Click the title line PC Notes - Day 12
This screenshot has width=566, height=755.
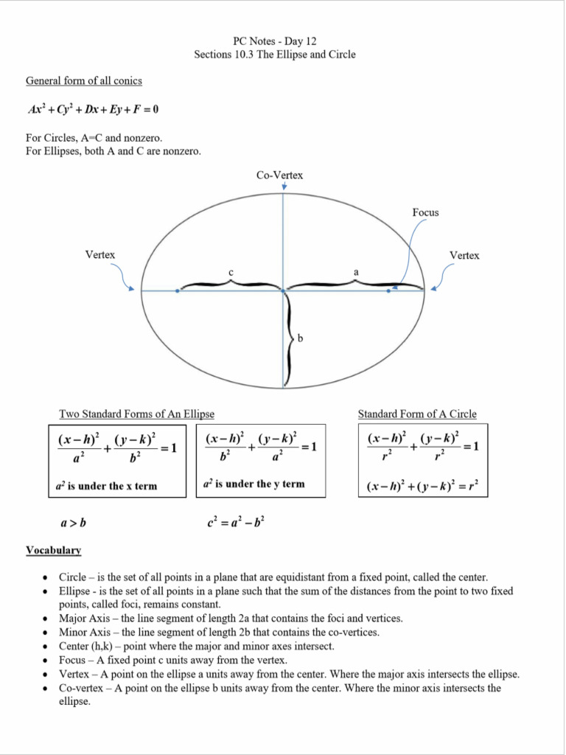point(274,41)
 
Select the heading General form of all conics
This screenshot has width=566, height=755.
point(84,80)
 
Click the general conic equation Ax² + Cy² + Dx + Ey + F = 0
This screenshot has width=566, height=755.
point(93,109)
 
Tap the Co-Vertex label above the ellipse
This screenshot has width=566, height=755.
point(279,175)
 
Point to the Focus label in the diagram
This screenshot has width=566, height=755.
point(425,212)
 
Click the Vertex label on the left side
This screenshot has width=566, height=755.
point(100,254)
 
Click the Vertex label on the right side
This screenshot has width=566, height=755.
point(464,255)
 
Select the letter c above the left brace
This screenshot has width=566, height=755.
point(231,273)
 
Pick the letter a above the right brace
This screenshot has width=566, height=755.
point(356,272)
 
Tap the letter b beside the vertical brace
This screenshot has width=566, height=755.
point(300,338)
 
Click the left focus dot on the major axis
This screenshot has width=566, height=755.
point(178,290)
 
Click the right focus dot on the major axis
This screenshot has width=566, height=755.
point(388,290)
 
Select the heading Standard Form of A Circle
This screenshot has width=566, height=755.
point(417,414)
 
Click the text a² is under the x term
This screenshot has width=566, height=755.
point(107,486)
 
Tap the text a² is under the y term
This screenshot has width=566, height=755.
point(254,484)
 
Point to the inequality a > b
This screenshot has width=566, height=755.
point(73,523)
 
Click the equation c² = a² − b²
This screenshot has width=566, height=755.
point(237,523)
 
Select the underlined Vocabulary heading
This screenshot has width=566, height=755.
point(53,550)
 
